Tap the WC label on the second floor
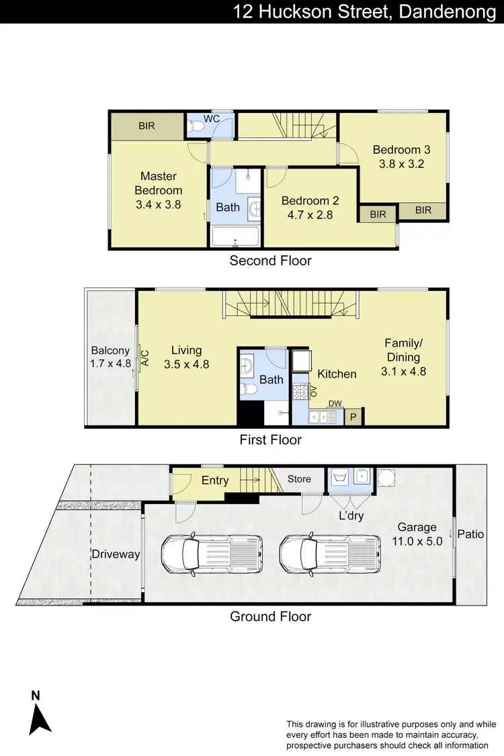(212, 118)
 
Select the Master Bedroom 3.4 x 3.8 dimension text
(159, 205)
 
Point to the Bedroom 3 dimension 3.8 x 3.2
(401, 163)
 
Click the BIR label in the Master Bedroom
(146, 126)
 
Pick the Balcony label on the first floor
(110, 350)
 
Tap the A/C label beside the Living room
(144, 357)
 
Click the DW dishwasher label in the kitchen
(335, 403)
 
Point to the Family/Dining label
(403, 350)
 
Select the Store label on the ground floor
(299, 479)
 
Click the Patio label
(470, 535)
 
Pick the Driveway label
(116, 554)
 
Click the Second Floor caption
(271, 261)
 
